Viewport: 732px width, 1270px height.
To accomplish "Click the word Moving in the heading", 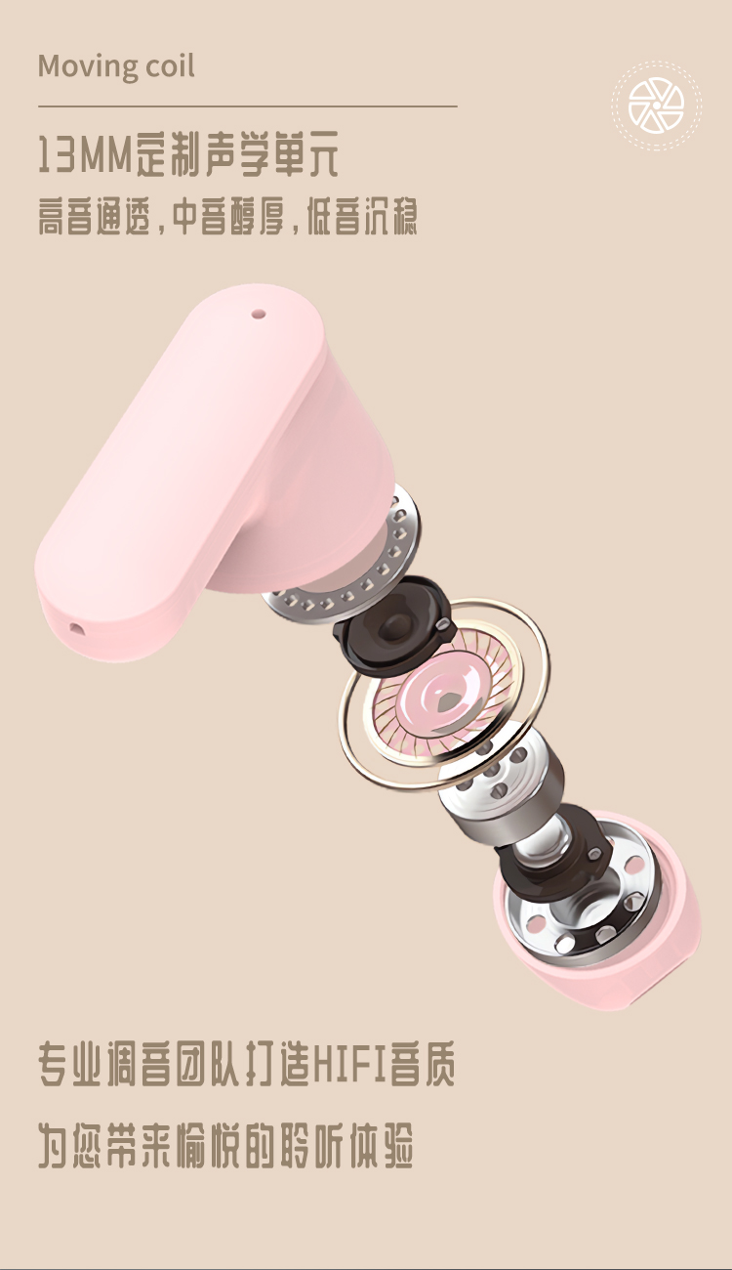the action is coord(87,66).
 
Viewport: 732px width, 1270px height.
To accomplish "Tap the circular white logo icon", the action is coord(657,106).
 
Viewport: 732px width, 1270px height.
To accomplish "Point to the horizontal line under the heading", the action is coord(248,106).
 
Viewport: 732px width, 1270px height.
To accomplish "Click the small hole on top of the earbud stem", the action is coord(259,313).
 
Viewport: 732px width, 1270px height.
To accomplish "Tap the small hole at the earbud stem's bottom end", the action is coord(75,628).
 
